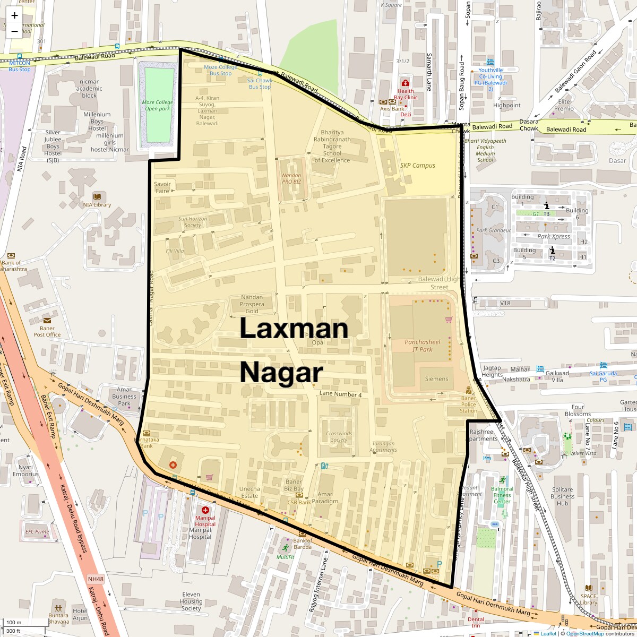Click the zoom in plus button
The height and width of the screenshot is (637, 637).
14,16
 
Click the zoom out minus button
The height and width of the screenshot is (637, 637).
14,31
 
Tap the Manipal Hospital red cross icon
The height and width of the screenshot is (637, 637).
205,510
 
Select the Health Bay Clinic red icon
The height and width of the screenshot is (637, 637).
406,83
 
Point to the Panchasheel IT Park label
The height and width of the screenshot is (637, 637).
423,346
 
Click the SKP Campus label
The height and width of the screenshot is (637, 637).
417,166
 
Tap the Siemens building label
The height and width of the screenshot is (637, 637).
436,379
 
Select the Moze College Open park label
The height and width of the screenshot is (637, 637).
157,106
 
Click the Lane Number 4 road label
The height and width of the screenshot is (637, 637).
340,394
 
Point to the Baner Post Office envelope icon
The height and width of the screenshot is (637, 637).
47,321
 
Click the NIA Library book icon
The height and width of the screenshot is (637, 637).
97,196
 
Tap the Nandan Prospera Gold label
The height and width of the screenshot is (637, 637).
252,304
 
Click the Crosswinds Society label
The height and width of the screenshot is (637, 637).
339,436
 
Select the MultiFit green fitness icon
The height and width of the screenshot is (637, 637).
286,548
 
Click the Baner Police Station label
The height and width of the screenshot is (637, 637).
468,404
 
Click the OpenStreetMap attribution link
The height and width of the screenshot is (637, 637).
584,633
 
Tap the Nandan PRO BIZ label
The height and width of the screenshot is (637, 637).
291,178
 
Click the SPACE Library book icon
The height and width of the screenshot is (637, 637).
588,588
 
